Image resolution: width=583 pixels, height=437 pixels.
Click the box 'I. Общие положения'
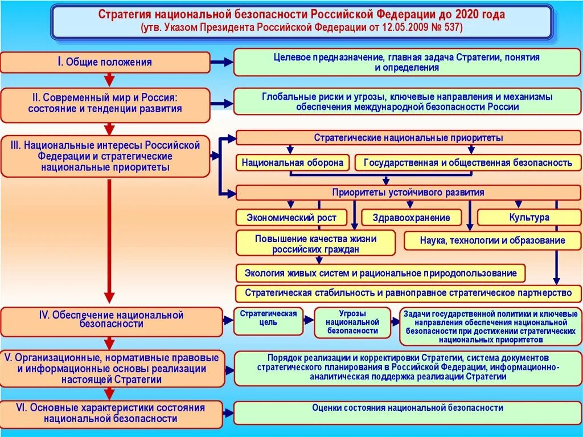pos(105,62)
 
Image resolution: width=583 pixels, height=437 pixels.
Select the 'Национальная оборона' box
pos(293,163)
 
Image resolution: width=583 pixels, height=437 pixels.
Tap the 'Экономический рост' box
pos(291,217)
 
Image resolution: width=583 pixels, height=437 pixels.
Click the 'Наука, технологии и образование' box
pos(492,240)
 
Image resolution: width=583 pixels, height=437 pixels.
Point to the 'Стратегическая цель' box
pos(268,321)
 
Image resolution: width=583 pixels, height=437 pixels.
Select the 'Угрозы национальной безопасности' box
pos(352,322)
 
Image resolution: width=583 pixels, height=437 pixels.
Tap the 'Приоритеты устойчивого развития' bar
pos(408,193)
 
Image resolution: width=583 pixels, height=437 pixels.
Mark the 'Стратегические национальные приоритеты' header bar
pos(408,138)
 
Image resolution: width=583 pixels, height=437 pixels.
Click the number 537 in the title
pos(453,27)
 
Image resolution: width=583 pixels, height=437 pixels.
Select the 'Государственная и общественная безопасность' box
pos(468,163)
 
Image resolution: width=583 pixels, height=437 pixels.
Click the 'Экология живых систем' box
pos(380,273)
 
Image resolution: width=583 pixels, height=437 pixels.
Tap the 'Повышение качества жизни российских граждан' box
pos(315,243)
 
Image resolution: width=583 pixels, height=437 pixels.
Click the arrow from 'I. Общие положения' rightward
pos(221,62)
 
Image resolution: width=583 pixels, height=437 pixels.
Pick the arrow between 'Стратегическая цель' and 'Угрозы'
pos(309,320)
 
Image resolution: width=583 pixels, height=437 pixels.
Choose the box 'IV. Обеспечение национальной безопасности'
pos(111,321)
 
